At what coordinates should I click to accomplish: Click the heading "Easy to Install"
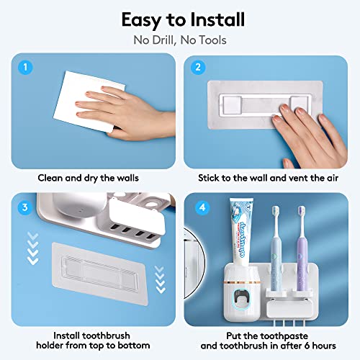[180, 19]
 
